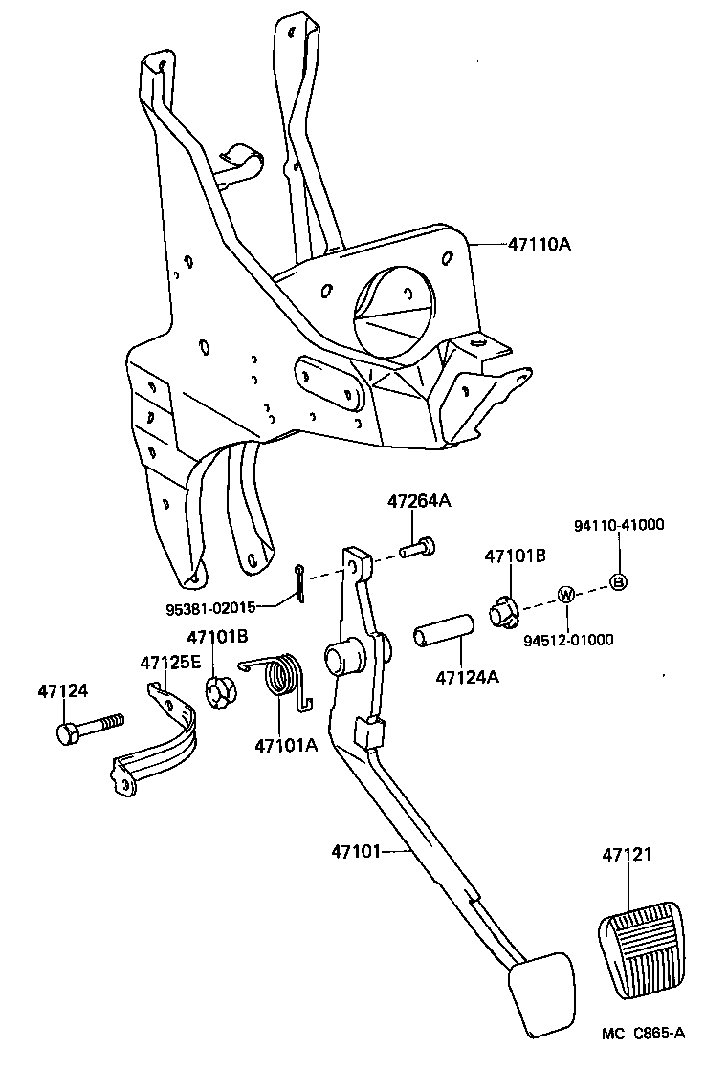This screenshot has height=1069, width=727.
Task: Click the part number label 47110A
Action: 539,245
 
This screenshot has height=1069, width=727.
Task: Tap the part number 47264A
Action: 418,500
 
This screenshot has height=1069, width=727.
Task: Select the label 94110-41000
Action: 618,524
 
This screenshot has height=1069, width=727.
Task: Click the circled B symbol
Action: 618,581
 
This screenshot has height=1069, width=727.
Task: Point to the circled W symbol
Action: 565,594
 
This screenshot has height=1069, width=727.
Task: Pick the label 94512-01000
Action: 568,640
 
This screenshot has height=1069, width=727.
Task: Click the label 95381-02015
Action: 210,607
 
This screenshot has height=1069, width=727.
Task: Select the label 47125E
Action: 171,662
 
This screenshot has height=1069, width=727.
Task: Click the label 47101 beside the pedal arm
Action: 357,849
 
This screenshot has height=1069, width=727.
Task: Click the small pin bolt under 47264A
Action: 418,549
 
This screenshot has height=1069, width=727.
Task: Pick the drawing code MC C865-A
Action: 644,1033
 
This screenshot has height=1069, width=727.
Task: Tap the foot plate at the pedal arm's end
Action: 542,994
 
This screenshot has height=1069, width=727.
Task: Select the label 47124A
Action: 467,677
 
